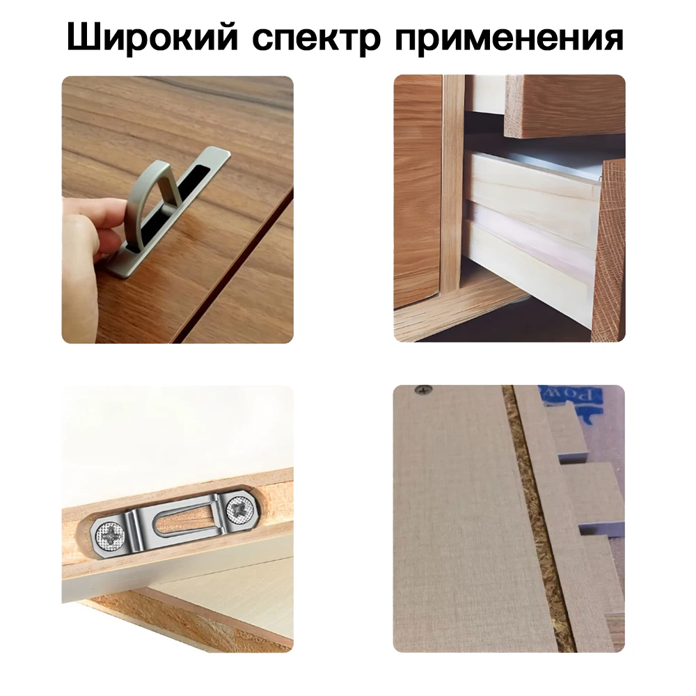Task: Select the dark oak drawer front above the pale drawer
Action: tap(564, 104)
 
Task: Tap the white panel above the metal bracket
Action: tap(174, 432)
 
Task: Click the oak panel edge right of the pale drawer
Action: tap(608, 251)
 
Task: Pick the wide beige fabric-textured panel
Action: tap(459, 529)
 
